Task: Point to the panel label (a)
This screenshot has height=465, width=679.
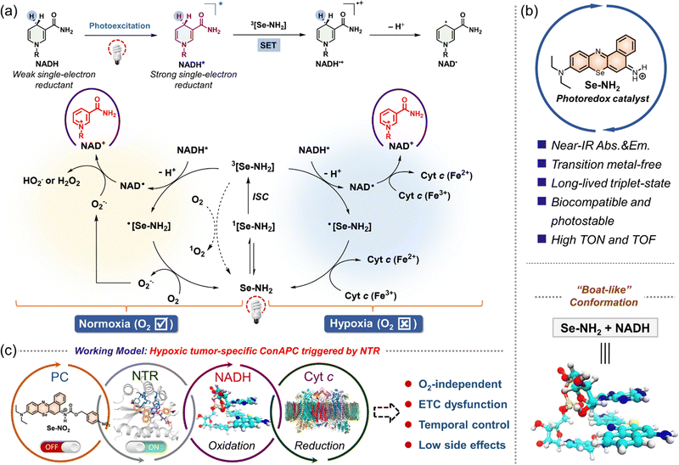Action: click(x=14, y=9)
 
